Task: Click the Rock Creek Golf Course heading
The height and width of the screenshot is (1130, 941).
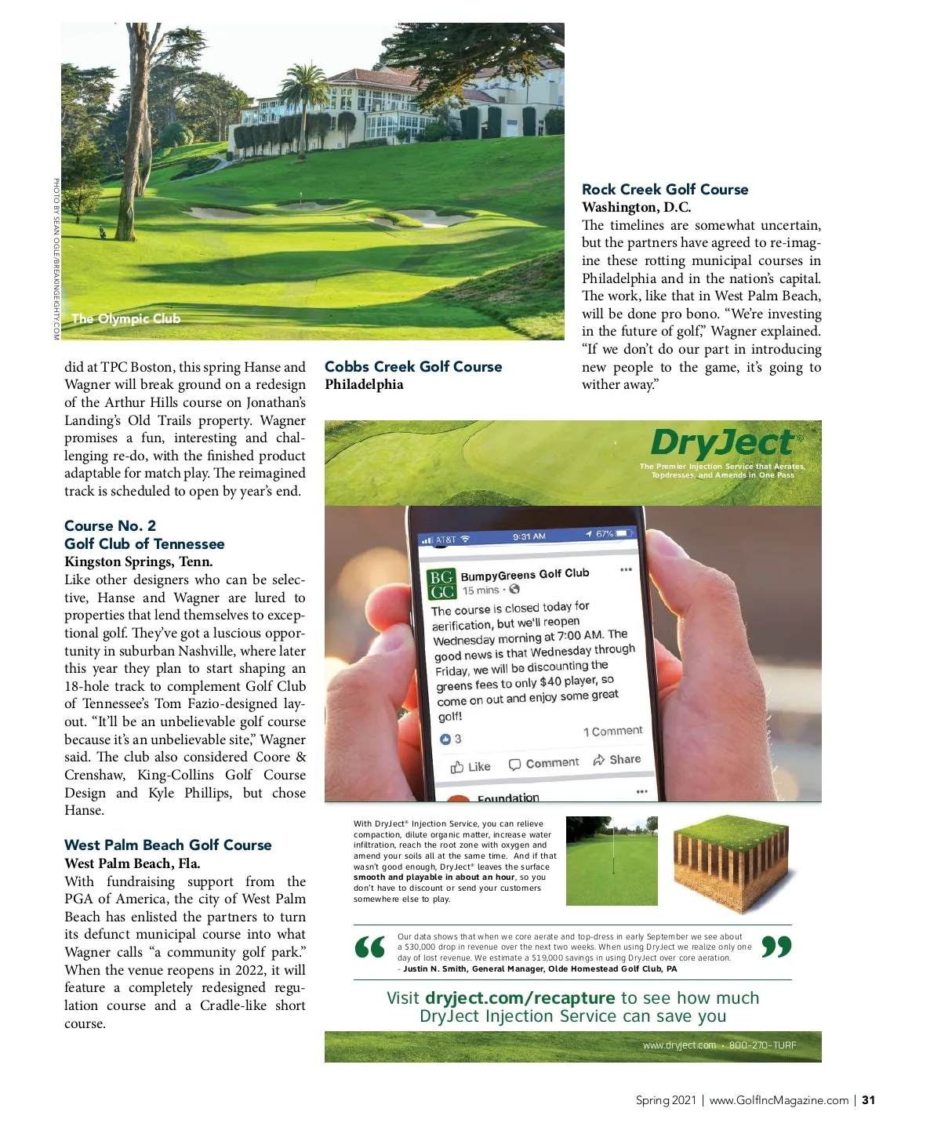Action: [x=665, y=190]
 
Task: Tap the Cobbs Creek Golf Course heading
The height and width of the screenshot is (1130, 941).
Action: [x=413, y=367]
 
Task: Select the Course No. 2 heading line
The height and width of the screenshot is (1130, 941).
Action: [x=110, y=525]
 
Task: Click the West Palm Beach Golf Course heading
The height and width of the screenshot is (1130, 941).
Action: [x=168, y=845]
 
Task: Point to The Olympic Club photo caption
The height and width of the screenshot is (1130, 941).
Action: [x=125, y=319]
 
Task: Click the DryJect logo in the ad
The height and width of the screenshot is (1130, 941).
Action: [x=722, y=443]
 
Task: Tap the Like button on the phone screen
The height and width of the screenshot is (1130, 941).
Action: [x=470, y=767]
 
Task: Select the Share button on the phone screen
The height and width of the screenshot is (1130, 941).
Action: [x=617, y=760]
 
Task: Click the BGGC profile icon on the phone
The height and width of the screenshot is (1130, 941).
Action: [x=441, y=585]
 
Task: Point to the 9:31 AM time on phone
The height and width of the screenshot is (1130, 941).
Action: [x=529, y=536]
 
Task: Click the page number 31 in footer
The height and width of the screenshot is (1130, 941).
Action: [x=868, y=1100]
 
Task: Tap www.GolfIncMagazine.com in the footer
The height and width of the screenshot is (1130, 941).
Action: [x=779, y=1100]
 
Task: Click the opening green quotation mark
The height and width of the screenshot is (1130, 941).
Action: [x=370, y=948]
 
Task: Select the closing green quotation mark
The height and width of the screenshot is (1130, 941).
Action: [x=776, y=947]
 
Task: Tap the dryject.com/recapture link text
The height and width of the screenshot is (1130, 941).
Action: [x=520, y=998]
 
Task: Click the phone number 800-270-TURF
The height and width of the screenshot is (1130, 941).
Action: [x=762, y=1045]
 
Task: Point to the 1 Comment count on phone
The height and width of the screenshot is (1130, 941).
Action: [x=612, y=732]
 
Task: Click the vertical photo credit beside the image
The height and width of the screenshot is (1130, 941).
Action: [x=56, y=259]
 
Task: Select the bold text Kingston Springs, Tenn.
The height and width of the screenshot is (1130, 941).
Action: [x=138, y=561]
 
